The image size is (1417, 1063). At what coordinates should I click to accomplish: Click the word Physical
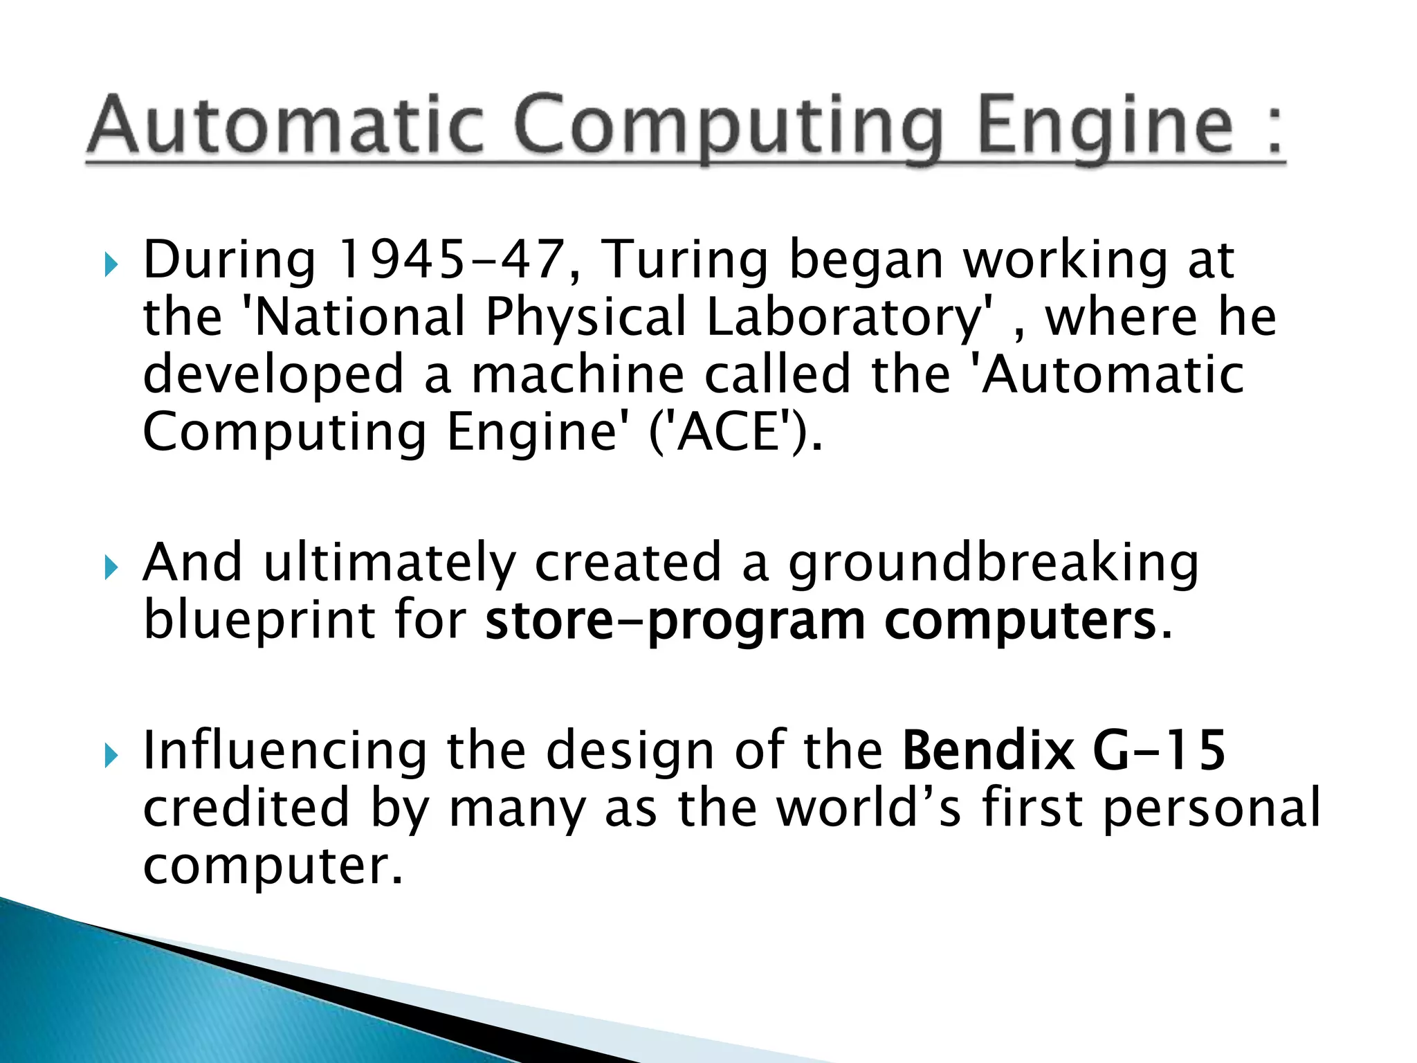(x=585, y=317)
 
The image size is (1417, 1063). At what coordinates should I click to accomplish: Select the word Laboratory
(x=850, y=317)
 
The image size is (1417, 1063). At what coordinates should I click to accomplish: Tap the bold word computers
(x=1020, y=621)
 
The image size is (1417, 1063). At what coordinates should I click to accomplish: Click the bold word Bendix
(x=988, y=750)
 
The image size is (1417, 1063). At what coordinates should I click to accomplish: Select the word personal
(x=1212, y=808)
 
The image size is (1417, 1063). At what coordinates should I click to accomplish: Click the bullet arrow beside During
(x=111, y=264)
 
